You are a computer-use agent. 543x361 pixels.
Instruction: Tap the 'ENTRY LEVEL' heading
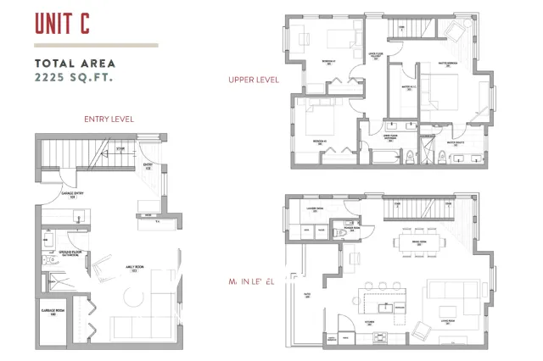(109, 119)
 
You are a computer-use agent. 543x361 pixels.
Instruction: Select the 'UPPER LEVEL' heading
(253, 81)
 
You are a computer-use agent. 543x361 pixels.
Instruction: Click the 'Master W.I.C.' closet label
(405, 88)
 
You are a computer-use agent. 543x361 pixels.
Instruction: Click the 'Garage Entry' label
(72, 194)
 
